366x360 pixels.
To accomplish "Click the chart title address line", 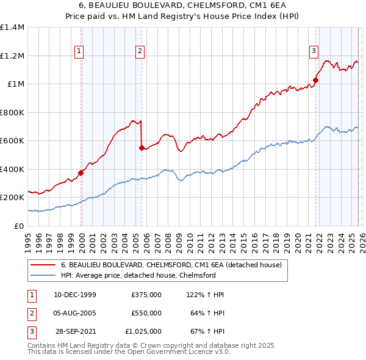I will coord(182,5).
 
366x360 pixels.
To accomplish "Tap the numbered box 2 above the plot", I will coord(140,51).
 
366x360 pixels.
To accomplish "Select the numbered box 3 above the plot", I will coord(314,51).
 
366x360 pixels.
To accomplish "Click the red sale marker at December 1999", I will coord(81,173).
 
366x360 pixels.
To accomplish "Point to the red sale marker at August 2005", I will coord(142,148).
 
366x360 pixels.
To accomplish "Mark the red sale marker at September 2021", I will coord(316,80).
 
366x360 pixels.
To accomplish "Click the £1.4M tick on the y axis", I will coord(12,27).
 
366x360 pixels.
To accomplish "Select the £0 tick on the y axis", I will coord(20,226).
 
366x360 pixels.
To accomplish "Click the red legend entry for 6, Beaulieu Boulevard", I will coord(171,265).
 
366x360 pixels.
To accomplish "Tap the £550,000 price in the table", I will coord(146,313).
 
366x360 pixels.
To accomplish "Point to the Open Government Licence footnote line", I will coord(129,352).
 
